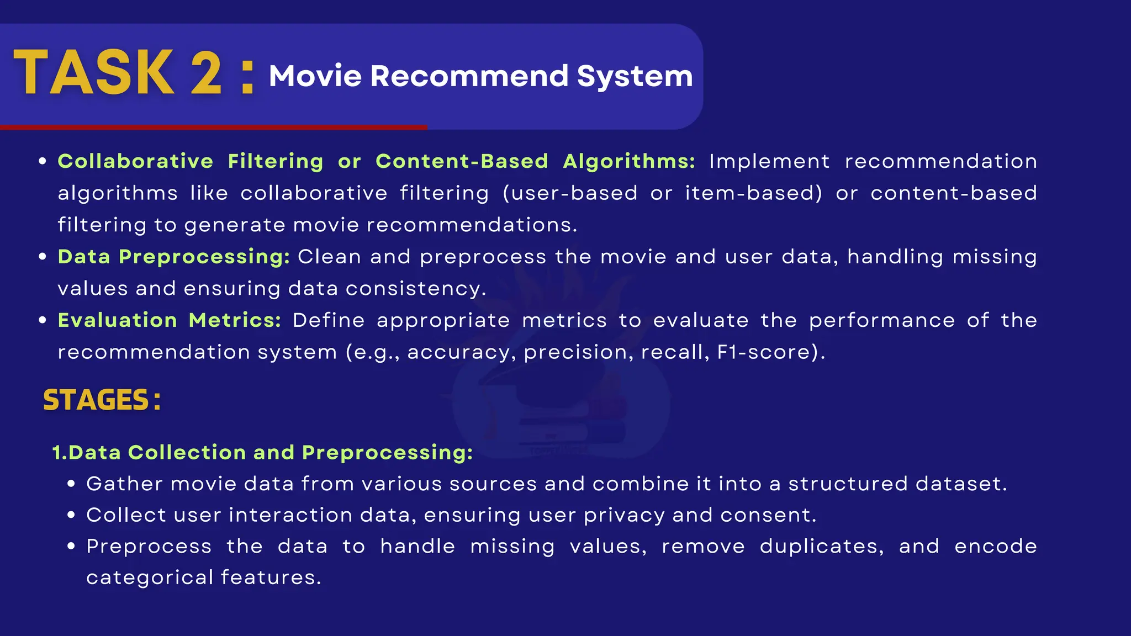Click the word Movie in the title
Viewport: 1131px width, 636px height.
pos(315,76)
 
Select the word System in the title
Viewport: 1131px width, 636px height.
pos(635,77)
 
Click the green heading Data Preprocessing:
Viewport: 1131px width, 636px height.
pos(174,257)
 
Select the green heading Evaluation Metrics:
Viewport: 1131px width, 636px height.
pos(170,320)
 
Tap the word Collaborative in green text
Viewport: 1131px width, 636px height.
pos(135,161)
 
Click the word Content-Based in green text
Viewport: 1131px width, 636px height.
pos(462,161)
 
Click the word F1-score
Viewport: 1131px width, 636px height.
pos(765,352)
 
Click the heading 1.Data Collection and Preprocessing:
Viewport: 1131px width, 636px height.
pos(262,453)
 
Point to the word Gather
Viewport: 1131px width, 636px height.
pos(125,484)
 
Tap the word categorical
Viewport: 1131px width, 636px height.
pos(150,578)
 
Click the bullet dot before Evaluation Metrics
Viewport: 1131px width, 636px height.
pos(43,321)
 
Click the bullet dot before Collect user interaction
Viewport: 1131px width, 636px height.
pos(71,515)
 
